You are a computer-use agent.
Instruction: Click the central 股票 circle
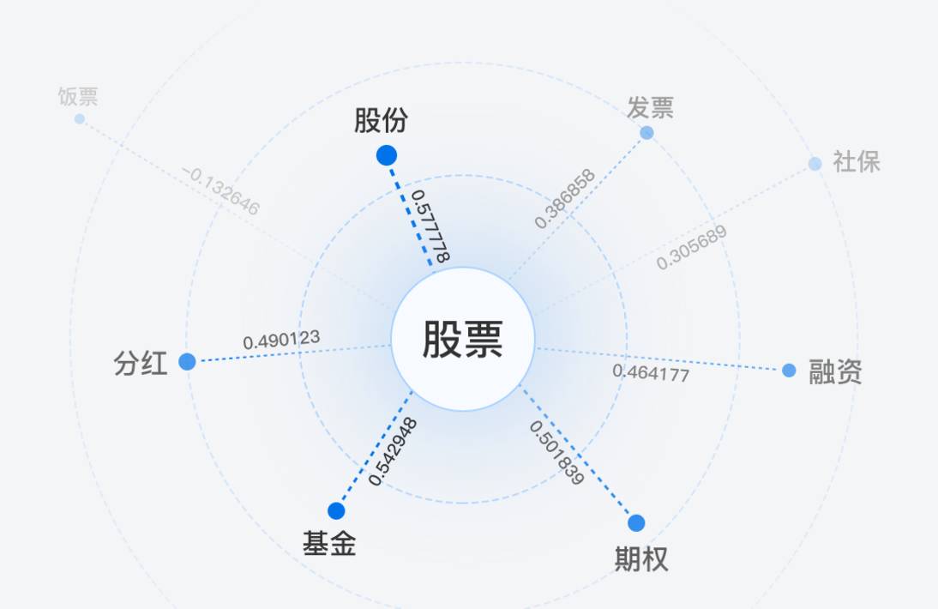(462, 339)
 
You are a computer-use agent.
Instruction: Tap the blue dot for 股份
(387, 155)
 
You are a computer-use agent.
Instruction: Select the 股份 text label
(381, 121)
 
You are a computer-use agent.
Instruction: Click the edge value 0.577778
(430, 226)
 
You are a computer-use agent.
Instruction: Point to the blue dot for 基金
(336, 511)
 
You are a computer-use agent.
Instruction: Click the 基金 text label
(329, 544)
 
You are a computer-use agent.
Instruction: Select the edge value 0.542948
(394, 451)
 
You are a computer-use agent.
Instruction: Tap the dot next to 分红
(187, 362)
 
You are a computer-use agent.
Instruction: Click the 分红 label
(141, 364)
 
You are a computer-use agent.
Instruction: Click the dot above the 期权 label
(636, 523)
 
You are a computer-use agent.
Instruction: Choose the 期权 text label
(641, 559)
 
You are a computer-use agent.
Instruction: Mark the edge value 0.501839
(556, 452)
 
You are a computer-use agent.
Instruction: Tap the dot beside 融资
(789, 371)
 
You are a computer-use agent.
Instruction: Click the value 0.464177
(651, 373)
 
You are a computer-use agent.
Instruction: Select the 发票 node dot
(646, 133)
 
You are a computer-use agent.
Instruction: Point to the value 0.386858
(564, 198)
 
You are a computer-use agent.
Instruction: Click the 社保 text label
(857, 162)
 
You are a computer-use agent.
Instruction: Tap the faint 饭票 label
(78, 96)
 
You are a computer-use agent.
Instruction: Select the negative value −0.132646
(220, 190)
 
